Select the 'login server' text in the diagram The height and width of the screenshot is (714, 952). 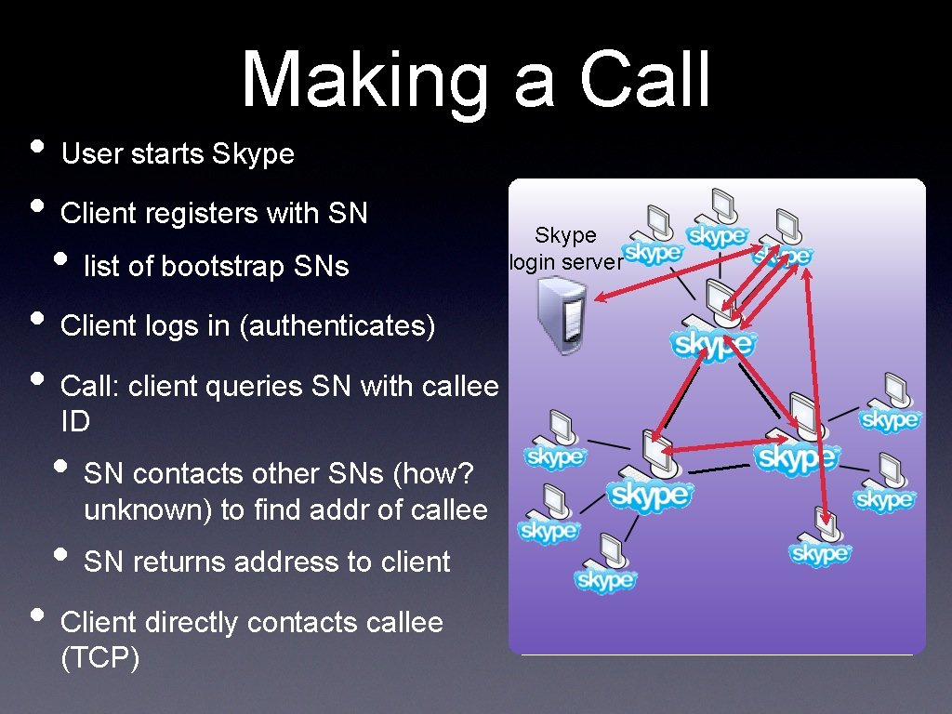pos(566,262)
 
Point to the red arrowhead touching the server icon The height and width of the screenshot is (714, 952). pos(600,298)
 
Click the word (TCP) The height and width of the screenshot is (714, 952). pos(99,658)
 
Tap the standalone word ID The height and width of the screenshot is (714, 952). pos(75,422)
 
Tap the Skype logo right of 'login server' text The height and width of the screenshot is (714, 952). pos(653,253)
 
